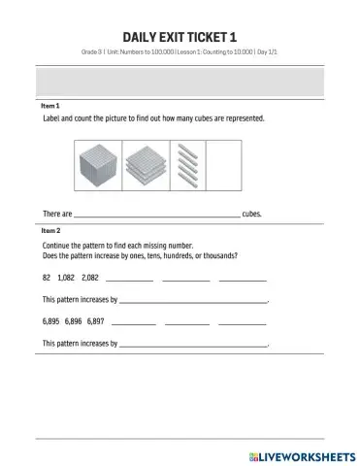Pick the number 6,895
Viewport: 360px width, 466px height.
click(51, 319)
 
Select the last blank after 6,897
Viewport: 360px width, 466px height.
click(243, 321)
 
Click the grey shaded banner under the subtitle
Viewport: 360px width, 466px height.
click(180, 81)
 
